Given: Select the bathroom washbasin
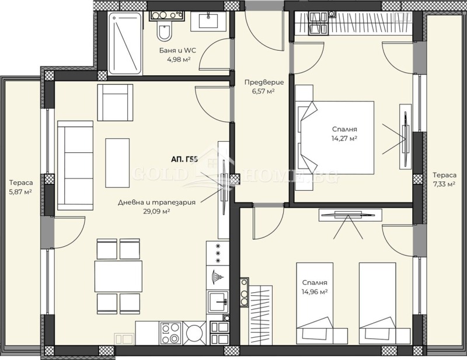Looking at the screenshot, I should tap(208, 22).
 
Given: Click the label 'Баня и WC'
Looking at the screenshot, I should tap(177, 50).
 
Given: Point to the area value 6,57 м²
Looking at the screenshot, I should tap(260, 91).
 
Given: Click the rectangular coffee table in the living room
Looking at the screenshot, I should tap(117, 162).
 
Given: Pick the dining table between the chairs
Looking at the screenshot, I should tap(119, 276).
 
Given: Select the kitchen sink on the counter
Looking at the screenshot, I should tap(218, 301).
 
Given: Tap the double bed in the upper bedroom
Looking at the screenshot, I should tap(336, 138).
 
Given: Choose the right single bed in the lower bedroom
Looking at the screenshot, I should tap(378, 303).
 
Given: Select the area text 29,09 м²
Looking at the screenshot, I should tap(155, 212).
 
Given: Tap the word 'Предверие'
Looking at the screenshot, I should tap(260, 82).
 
